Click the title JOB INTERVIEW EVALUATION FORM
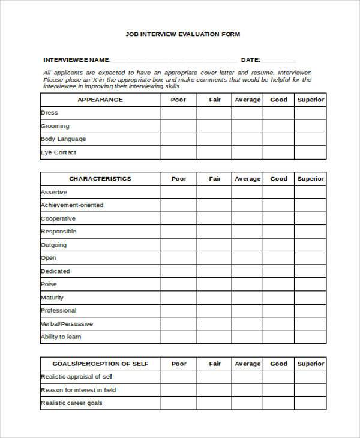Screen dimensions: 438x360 (x=182, y=34)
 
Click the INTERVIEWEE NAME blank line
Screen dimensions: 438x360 (x=174, y=61)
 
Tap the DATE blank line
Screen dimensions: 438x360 (x=278, y=61)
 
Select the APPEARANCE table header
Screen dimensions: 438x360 (x=100, y=100)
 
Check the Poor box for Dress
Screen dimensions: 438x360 (x=179, y=113)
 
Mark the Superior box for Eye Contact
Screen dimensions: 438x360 (x=311, y=152)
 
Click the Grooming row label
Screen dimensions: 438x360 (x=55, y=126)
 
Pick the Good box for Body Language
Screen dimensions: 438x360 (x=278, y=139)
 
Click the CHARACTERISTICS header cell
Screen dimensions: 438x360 (x=100, y=179)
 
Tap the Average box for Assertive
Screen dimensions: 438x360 (x=248, y=192)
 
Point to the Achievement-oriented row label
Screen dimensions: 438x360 (x=72, y=205)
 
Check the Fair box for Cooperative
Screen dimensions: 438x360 (x=215, y=218)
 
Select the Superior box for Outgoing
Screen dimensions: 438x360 (x=311, y=245)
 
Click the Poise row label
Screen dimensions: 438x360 (x=49, y=284)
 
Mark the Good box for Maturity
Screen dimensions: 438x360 (x=278, y=298)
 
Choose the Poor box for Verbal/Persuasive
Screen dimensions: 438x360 (x=179, y=324)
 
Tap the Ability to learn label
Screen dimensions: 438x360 (x=61, y=337)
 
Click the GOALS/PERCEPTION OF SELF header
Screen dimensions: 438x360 (x=100, y=364)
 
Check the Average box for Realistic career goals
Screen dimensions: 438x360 (x=248, y=403)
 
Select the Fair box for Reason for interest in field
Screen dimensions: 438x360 (x=215, y=390)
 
